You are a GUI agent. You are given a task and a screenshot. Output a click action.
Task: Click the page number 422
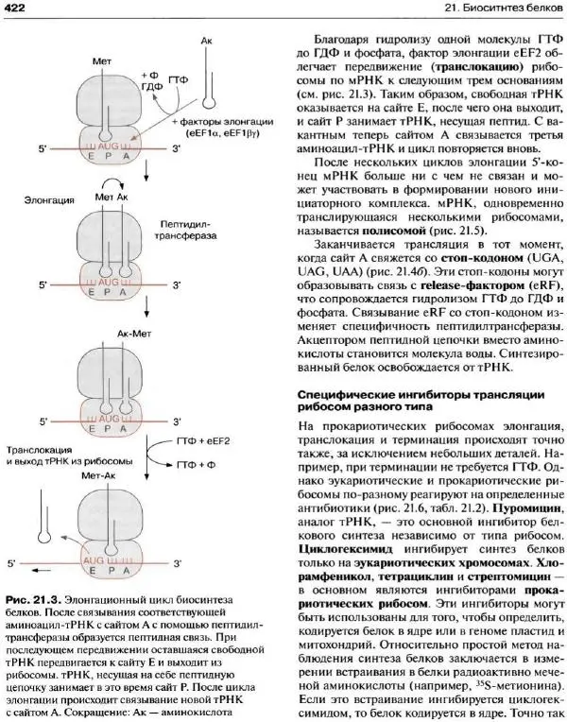pos(19,9)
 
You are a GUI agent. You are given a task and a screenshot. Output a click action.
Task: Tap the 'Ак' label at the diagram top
pos(207,43)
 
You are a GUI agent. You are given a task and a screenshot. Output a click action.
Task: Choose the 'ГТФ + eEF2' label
pos(201,440)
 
